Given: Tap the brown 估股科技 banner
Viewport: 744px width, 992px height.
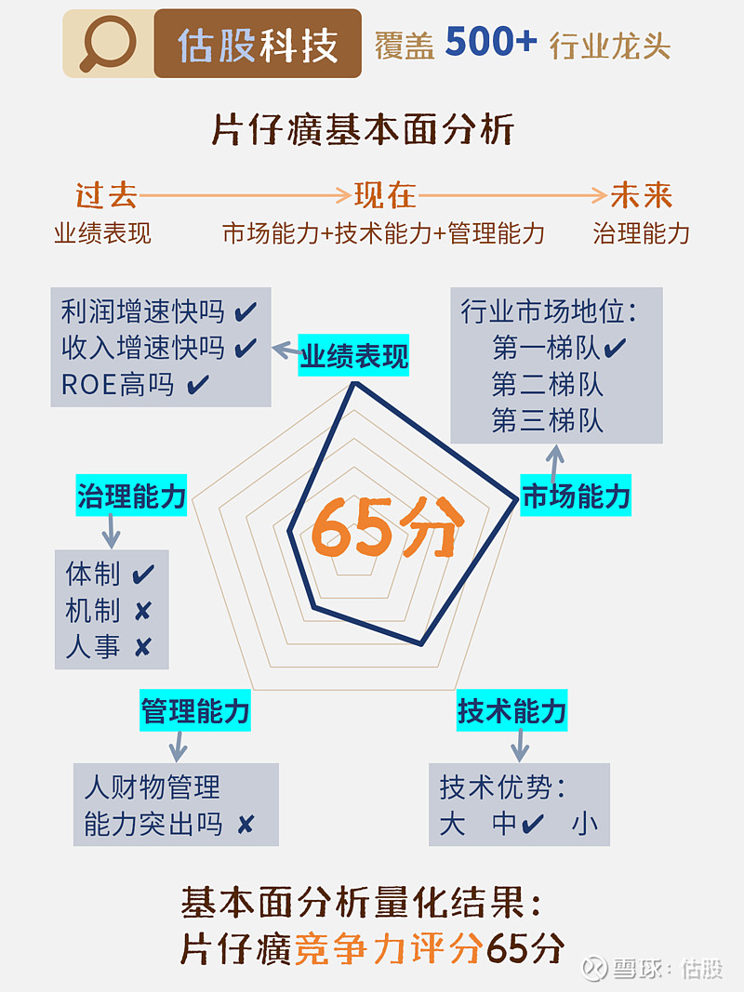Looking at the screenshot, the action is [x=258, y=44].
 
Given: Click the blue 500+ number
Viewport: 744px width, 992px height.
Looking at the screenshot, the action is [x=491, y=42].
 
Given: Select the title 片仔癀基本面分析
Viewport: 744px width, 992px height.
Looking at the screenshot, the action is [x=363, y=129].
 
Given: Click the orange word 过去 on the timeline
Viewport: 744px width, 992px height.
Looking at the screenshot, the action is [x=106, y=195].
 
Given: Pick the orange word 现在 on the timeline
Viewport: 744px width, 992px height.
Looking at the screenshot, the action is [x=385, y=195].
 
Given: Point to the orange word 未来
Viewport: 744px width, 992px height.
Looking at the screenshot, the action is [x=641, y=195].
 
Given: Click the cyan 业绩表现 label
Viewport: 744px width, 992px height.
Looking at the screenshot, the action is [x=353, y=355].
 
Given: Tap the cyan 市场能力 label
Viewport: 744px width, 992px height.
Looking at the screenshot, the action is [x=576, y=496].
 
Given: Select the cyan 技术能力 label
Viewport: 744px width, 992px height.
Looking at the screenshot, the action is [x=511, y=710].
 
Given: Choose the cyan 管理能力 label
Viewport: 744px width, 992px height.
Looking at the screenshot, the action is [x=195, y=710].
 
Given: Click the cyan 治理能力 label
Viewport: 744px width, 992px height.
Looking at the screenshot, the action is [x=131, y=496].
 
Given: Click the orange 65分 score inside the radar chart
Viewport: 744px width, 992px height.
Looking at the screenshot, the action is [x=387, y=528].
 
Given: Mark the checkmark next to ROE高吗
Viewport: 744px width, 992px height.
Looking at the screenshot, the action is [x=198, y=385].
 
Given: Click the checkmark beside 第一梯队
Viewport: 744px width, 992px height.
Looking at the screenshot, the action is [x=615, y=348].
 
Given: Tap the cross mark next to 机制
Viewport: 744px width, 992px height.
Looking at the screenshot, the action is [x=143, y=611].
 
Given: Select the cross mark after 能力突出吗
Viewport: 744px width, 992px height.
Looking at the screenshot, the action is [x=246, y=825].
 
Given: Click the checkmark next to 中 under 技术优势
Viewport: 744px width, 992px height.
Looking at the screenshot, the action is [x=532, y=823].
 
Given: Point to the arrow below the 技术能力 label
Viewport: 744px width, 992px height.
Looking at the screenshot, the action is [x=520, y=746].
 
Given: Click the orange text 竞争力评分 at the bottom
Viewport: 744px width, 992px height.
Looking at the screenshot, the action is [x=388, y=947].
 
